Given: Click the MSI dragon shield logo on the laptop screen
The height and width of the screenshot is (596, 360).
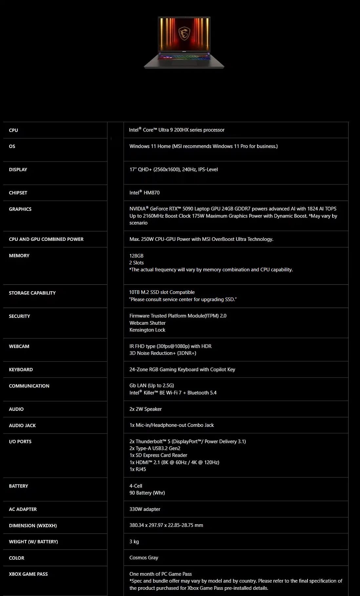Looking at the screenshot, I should pos(184,33).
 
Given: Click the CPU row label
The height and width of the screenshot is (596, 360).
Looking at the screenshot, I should pos(13,130).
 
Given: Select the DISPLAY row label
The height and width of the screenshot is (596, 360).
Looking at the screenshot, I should pos(18,170).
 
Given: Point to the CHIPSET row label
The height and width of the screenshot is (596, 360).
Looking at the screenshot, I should pos(18,193).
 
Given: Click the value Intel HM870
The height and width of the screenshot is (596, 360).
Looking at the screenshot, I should pos(145,193).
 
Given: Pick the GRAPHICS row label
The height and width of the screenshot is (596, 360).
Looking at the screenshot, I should pos(20,209).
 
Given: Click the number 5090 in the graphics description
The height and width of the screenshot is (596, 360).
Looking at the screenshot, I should pos(188,209).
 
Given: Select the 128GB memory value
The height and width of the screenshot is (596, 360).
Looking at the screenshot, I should pos(136,256).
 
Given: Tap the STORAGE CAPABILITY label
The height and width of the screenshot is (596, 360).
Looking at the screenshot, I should pos(32,293).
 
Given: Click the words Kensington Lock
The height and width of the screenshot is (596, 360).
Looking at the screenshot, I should pos(147,330).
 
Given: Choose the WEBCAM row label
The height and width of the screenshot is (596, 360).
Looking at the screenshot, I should pos(19,346).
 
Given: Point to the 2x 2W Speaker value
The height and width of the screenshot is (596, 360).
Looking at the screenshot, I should pos(146,409).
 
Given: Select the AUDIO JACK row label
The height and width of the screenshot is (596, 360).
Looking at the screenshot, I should pos(22,426).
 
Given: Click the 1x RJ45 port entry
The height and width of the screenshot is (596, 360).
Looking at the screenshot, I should pos(138,469).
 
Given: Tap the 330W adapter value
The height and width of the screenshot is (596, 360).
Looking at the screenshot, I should pos(145,509).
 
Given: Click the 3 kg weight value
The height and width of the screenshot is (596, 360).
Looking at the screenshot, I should pos(134,542).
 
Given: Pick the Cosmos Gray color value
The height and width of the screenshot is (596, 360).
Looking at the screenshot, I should pos(144,558).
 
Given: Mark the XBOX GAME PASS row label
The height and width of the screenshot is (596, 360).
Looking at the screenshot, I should pos(28,574).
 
